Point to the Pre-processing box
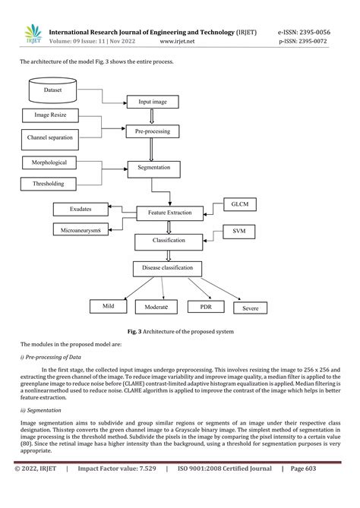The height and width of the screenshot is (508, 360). click(x=157, y=131)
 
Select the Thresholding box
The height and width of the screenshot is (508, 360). click(x=49, y=184)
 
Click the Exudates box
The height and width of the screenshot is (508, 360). click(x=80, y=208)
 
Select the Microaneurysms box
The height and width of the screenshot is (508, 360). click(x=83, y=229)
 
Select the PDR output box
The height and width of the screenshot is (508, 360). click(x=206, y=307)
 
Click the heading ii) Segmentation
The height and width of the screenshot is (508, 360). click(x=41, y=409)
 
